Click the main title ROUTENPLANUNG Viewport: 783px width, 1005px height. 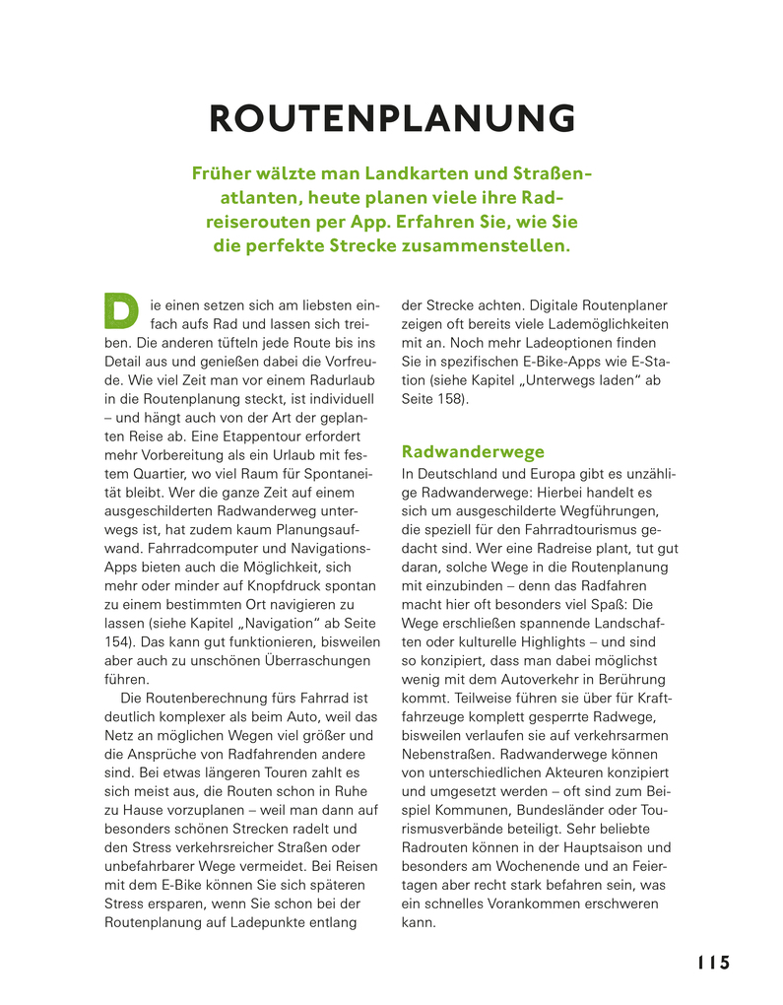(392, 118)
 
